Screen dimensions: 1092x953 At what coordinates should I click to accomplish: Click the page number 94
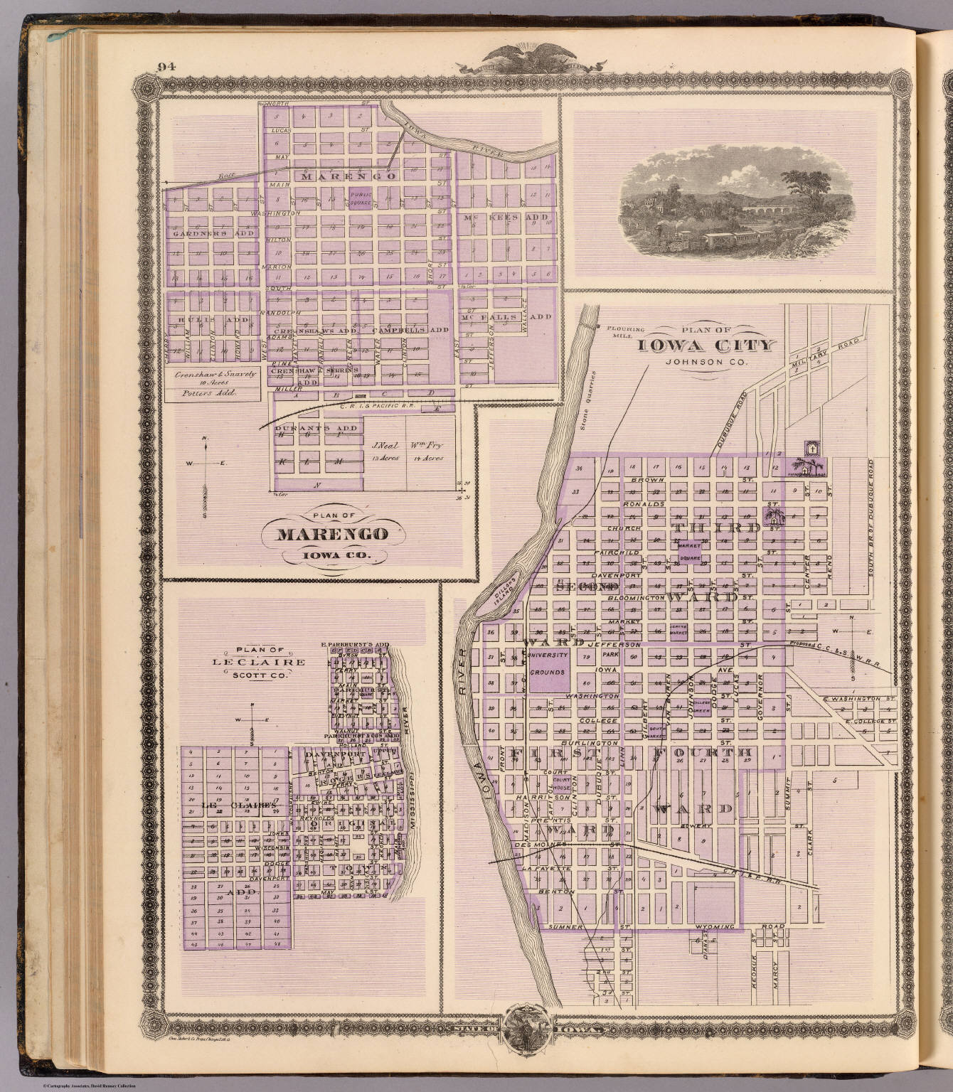[x=166, y=68]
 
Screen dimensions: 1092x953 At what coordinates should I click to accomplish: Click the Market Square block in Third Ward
[x=689, y=552]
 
